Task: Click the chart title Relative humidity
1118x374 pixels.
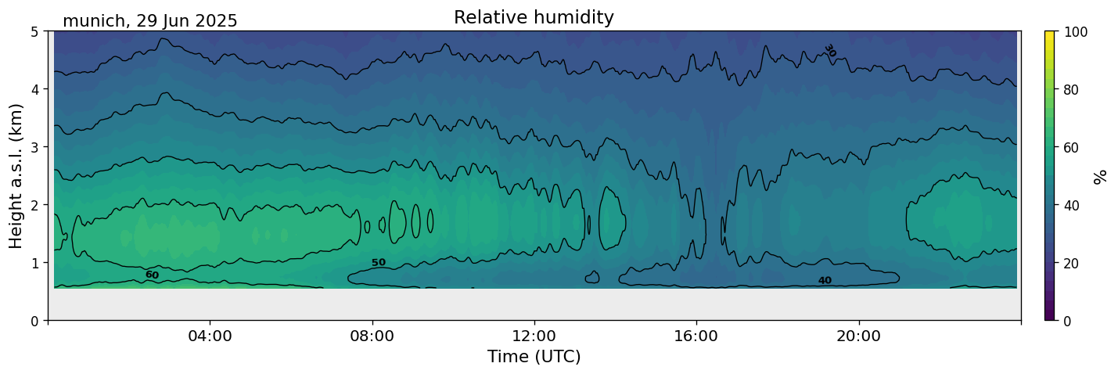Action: coord(534,18)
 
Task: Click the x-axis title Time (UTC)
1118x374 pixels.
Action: coord(534,358)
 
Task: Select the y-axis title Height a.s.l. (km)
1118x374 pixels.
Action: coord(16,176)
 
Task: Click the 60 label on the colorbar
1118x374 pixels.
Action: coord(1070,147)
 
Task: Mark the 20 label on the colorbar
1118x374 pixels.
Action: coord(1070,263)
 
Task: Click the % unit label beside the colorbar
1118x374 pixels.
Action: coord(1101,176)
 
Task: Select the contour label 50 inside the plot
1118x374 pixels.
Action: coord(379,263)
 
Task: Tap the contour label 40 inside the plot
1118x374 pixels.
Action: coord(825,281)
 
